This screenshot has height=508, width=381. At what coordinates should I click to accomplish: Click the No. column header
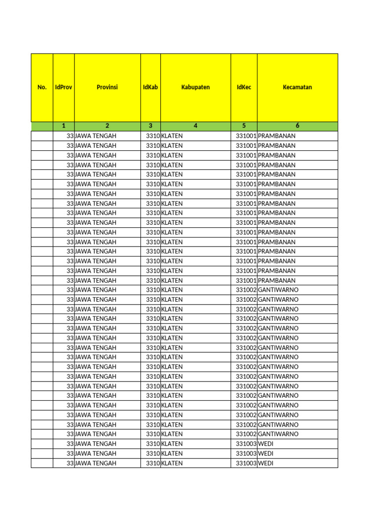42,87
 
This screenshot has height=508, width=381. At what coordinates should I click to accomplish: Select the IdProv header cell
63,87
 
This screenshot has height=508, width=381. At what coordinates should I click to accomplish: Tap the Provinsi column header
107,87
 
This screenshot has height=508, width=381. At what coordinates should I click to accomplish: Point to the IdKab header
150,87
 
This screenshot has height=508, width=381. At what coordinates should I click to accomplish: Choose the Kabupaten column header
195,87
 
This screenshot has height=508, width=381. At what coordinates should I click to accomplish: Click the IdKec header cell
244,87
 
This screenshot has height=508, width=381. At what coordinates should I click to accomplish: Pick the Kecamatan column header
297,87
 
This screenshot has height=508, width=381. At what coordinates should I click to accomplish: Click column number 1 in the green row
63,126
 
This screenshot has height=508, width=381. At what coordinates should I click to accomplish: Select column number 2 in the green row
107,126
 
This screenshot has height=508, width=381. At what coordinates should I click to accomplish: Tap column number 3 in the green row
150,126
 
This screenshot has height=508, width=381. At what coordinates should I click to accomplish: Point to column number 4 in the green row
195,126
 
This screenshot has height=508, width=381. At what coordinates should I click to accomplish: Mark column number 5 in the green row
244,126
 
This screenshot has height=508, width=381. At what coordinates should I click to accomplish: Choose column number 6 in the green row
297,126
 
